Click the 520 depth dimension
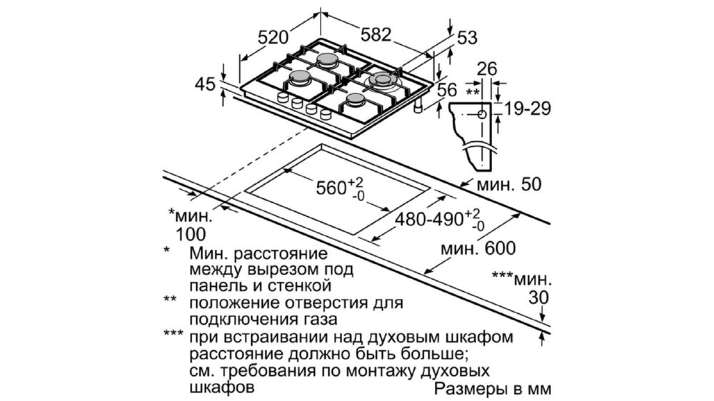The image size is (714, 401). [x=273, y=37]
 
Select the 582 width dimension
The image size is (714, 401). [x=376, y=34]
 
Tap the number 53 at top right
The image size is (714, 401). [x=467, y=38]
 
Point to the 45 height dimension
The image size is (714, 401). [x=204, y=84]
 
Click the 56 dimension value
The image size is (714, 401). [x=447, y=90]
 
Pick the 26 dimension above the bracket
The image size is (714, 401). [x=486, y=69]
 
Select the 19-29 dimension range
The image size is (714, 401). [x=528, y=108]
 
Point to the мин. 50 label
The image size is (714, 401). [x=509, y=184]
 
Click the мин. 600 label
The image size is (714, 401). [x=478, y=248]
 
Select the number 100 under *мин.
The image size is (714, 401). [x=191, y=234]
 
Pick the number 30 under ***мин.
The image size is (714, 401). [x=538, y=298]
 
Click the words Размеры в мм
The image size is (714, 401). [x=493, y=389]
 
